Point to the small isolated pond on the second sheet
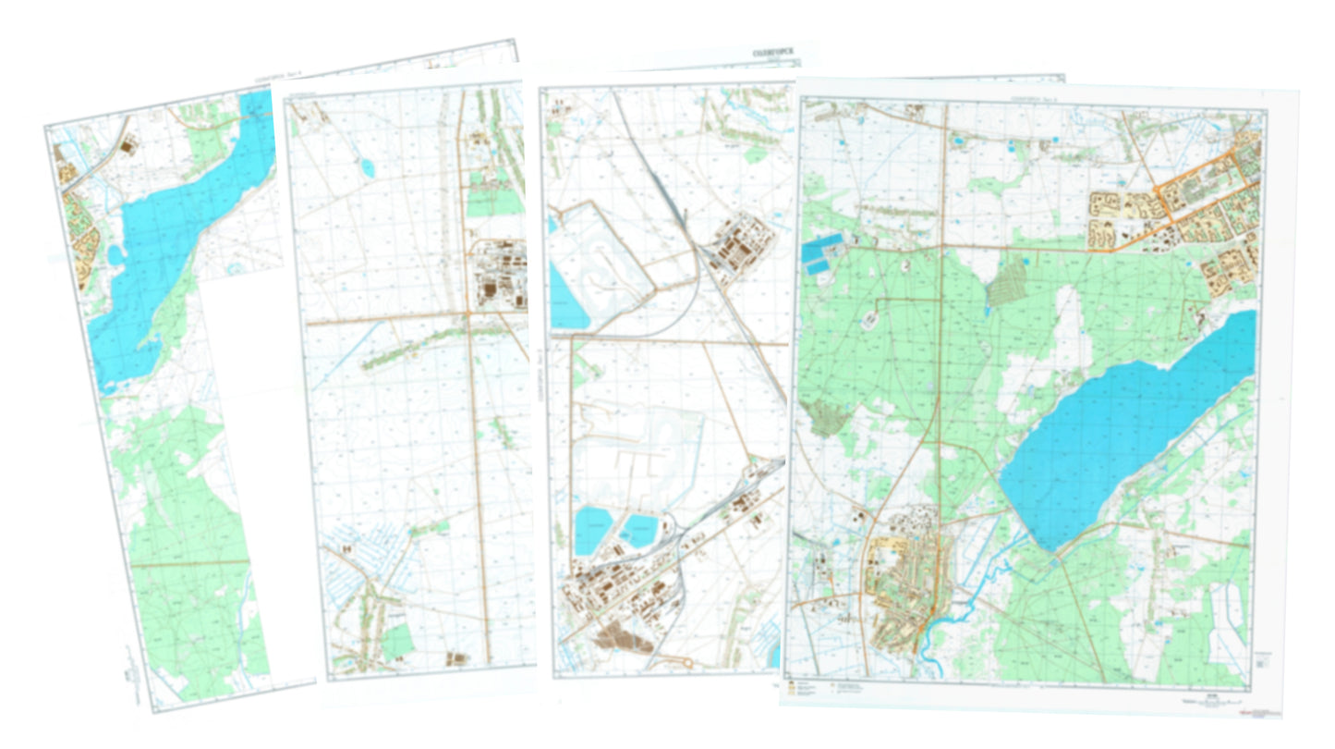click(x=368, y=168)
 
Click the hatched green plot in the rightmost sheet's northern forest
click(x=1006, y=282)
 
